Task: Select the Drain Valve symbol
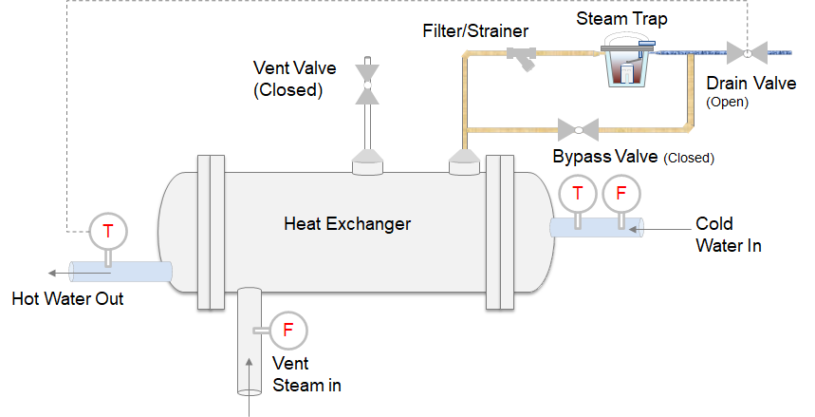coord(746,49)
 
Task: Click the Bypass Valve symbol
coord(579,128)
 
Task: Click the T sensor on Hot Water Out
coord(107,230)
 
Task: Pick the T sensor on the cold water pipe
coord(578,194)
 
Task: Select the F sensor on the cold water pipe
coord(621,194)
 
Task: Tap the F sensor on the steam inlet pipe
coord(287,331)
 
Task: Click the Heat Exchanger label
coord(347,224)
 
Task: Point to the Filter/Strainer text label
coord(475,31)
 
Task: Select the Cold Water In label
coord(729,235)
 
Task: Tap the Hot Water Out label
coord(67,299)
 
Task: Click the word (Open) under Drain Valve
coord(728,102)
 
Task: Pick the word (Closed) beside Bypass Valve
coord(689,158)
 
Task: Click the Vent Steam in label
coord(306,374)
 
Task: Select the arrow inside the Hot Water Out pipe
coord(89,272)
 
